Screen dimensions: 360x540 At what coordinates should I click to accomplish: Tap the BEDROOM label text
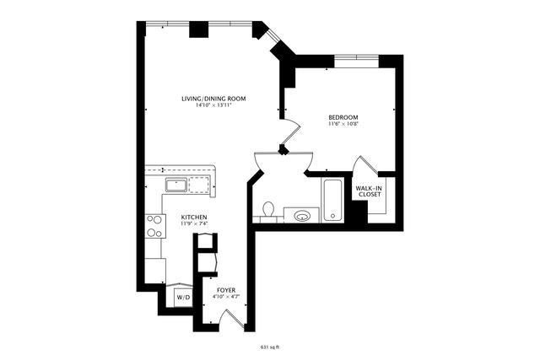click(343, 116)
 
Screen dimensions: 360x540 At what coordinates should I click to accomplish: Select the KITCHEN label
click(194, 217)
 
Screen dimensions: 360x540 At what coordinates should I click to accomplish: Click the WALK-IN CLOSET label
click(370, 191)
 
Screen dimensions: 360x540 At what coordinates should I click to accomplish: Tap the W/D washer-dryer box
click(183, 298)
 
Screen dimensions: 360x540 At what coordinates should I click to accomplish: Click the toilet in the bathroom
click(269, 208)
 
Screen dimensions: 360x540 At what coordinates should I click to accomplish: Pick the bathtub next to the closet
click(332, 201)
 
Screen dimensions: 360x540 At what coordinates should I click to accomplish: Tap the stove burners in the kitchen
click(155, 226)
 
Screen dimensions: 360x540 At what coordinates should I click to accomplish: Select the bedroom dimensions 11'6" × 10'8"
click(343, 124)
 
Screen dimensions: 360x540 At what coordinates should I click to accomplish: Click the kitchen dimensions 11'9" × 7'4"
click(194, 223)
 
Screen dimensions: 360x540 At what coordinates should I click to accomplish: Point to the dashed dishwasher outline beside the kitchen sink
click(198, 185)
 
